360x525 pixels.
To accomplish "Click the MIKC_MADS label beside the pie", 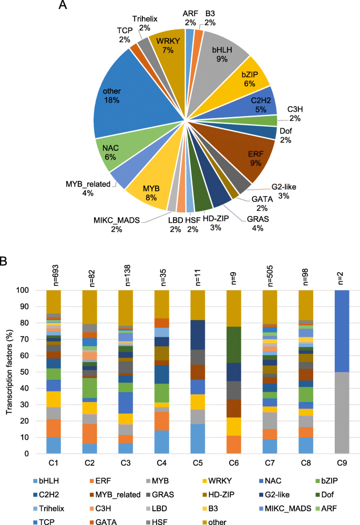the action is pos(117,220).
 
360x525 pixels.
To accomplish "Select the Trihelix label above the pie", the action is pos(145,19).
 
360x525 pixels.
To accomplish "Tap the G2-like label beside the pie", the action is pos(284,187).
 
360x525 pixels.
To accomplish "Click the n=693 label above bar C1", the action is pos(56,275).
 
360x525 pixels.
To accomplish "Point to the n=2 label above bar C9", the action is pos(341,279).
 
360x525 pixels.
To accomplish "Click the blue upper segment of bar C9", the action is pos(342,331).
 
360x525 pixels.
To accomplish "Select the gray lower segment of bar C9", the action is pos(342,413).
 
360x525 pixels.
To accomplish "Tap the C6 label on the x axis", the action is pos(234,463).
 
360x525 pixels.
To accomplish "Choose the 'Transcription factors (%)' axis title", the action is pos(9,372).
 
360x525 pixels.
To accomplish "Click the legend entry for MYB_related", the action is pos(118,495).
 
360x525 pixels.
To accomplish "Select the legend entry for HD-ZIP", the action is pos(218,495).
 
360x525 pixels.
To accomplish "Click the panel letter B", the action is pos(3,261).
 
